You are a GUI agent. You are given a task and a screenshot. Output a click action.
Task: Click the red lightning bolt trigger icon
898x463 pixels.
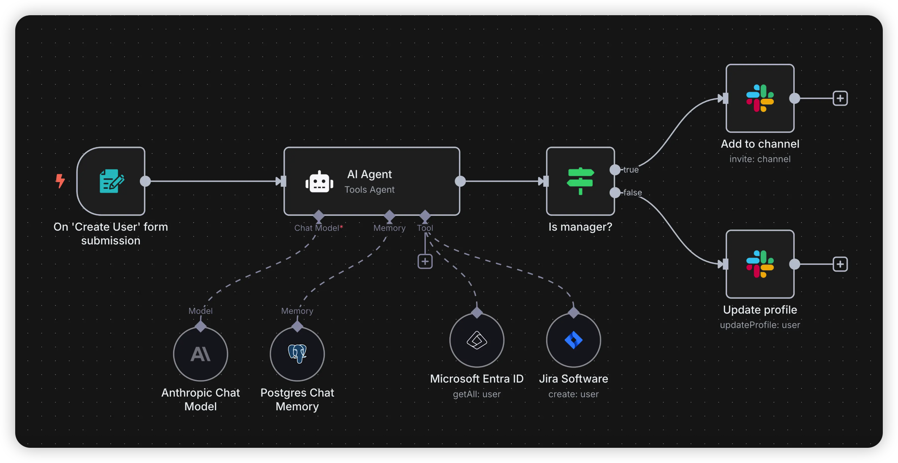tap(60, 181)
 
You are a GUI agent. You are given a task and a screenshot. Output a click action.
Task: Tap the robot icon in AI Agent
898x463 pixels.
tap(319, 182)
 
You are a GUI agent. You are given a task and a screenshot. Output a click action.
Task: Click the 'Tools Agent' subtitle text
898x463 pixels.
tap(370, 190)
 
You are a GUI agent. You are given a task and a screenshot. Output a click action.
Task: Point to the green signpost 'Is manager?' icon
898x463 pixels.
tap(580, 181)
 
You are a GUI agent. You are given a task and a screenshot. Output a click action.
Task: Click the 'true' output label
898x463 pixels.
tap(631, 170)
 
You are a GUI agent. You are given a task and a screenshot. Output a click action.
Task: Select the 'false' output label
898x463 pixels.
tap(633, 193)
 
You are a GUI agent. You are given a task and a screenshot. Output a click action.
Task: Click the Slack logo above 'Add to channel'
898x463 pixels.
tap(760, 98)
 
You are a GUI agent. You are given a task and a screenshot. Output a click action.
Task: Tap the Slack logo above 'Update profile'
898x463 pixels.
tap(760, 264)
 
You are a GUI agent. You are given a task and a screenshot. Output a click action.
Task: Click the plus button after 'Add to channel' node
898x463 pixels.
tap(840, 98)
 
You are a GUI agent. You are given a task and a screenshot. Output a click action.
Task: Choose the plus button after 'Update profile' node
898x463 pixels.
tap(840, 264)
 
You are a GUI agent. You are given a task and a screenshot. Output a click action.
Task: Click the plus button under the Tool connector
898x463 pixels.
tap(425, 261)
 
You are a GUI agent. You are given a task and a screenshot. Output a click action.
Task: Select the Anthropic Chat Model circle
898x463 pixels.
tap(201, 354)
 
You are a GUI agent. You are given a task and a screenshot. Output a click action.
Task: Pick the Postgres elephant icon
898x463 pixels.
tap(297, 354)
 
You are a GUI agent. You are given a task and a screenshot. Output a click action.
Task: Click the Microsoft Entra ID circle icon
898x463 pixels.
tap(477, 340)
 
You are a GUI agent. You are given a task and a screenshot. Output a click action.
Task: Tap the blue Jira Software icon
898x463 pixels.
tap(574, 340)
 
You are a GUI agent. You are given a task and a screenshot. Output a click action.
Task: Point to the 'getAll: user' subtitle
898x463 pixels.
tap(477, 394)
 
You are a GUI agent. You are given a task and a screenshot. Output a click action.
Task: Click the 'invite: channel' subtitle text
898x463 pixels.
tap(760, 159)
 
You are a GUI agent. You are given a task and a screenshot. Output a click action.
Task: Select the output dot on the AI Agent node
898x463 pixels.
tap(460, 181)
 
